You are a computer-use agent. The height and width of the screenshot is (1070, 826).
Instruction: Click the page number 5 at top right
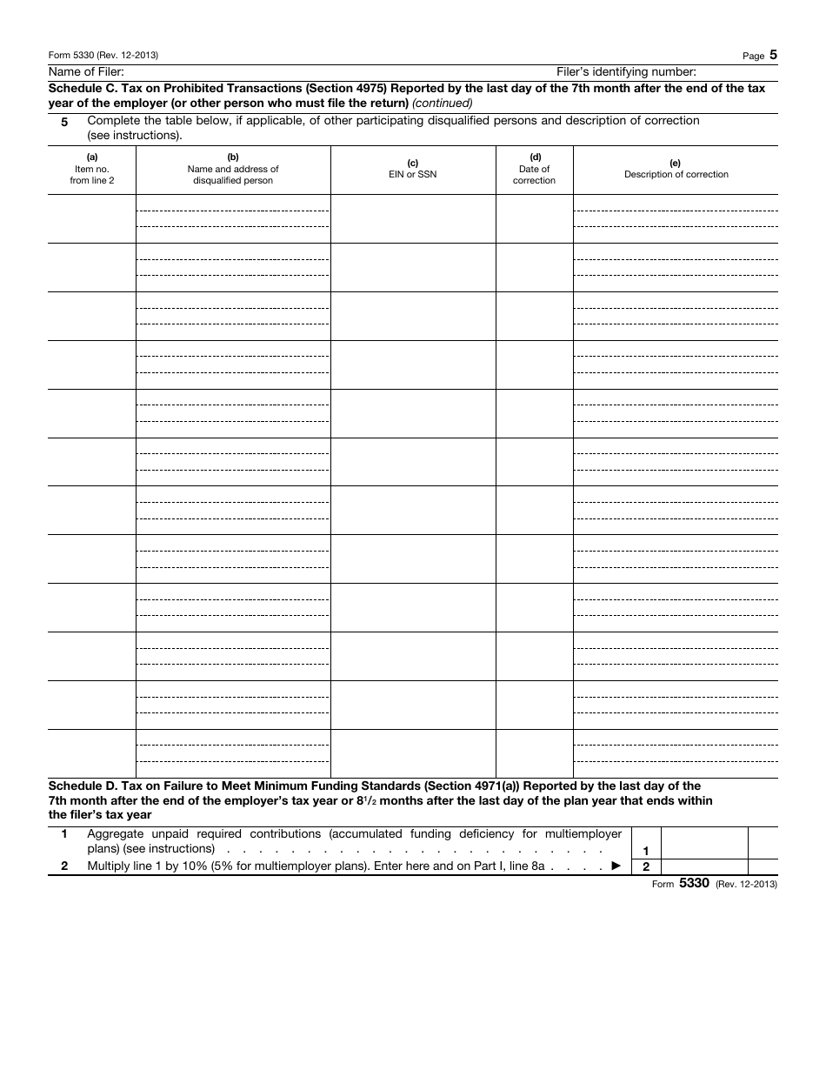click(773, 55)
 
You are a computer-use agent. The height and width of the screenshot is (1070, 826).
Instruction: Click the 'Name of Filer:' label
click(86, 71)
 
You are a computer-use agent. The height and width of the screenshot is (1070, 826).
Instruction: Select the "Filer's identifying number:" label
click(626, 71)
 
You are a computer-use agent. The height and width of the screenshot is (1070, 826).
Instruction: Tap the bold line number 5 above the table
click(63, 122)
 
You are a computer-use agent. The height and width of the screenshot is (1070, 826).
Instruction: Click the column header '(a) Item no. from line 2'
click(91, 169)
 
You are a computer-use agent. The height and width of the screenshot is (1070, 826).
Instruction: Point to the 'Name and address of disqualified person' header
click(233, 169)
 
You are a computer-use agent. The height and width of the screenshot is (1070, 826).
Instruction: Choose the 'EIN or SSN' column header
click(412, 169)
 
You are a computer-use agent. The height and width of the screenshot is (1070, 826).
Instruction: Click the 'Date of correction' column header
click(534, 169)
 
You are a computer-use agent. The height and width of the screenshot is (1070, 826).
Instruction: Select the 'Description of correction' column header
click(676, 169)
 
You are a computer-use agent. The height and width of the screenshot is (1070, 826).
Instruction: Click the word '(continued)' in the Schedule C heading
click(443, 103)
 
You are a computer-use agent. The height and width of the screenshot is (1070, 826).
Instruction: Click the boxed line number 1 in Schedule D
click(645, 851)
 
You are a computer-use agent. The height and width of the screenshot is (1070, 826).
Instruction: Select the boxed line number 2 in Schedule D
click(645, 866)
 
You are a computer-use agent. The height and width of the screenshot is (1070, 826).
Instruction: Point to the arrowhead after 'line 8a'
click(616, 866)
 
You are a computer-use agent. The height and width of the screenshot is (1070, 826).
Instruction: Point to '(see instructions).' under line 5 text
click(135, 136)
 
